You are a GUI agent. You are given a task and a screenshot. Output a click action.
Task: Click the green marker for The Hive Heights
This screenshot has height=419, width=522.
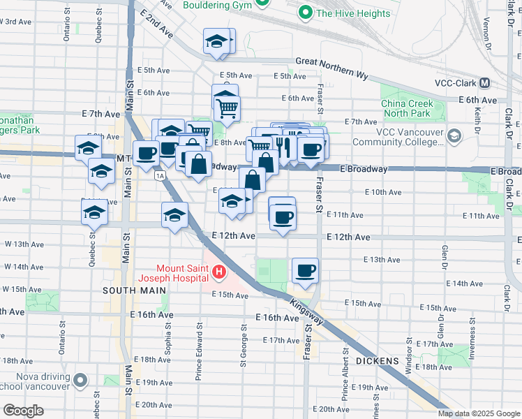pyautogui.click(x=304, y=12)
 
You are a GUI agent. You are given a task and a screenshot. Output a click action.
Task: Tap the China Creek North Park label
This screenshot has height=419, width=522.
pyautogui.click(x=408, y=108)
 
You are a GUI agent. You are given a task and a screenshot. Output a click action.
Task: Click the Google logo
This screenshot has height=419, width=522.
pyautogui.click(x=23, y=411)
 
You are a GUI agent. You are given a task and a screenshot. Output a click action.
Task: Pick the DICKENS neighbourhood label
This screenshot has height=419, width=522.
pyautogui.click(x=378, y=361)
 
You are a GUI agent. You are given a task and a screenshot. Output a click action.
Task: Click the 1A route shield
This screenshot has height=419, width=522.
pyautogui.click(x=161, y=175)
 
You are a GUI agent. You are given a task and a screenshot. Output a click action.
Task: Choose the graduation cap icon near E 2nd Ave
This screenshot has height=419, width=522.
pyautogui.click(x=217, y=41)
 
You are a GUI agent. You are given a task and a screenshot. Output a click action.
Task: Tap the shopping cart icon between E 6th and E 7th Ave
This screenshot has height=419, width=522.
pyautogui.click(x=226, y=108)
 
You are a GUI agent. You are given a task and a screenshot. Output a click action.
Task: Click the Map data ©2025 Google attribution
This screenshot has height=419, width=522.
pyautogui.click(x=478, y=413)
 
